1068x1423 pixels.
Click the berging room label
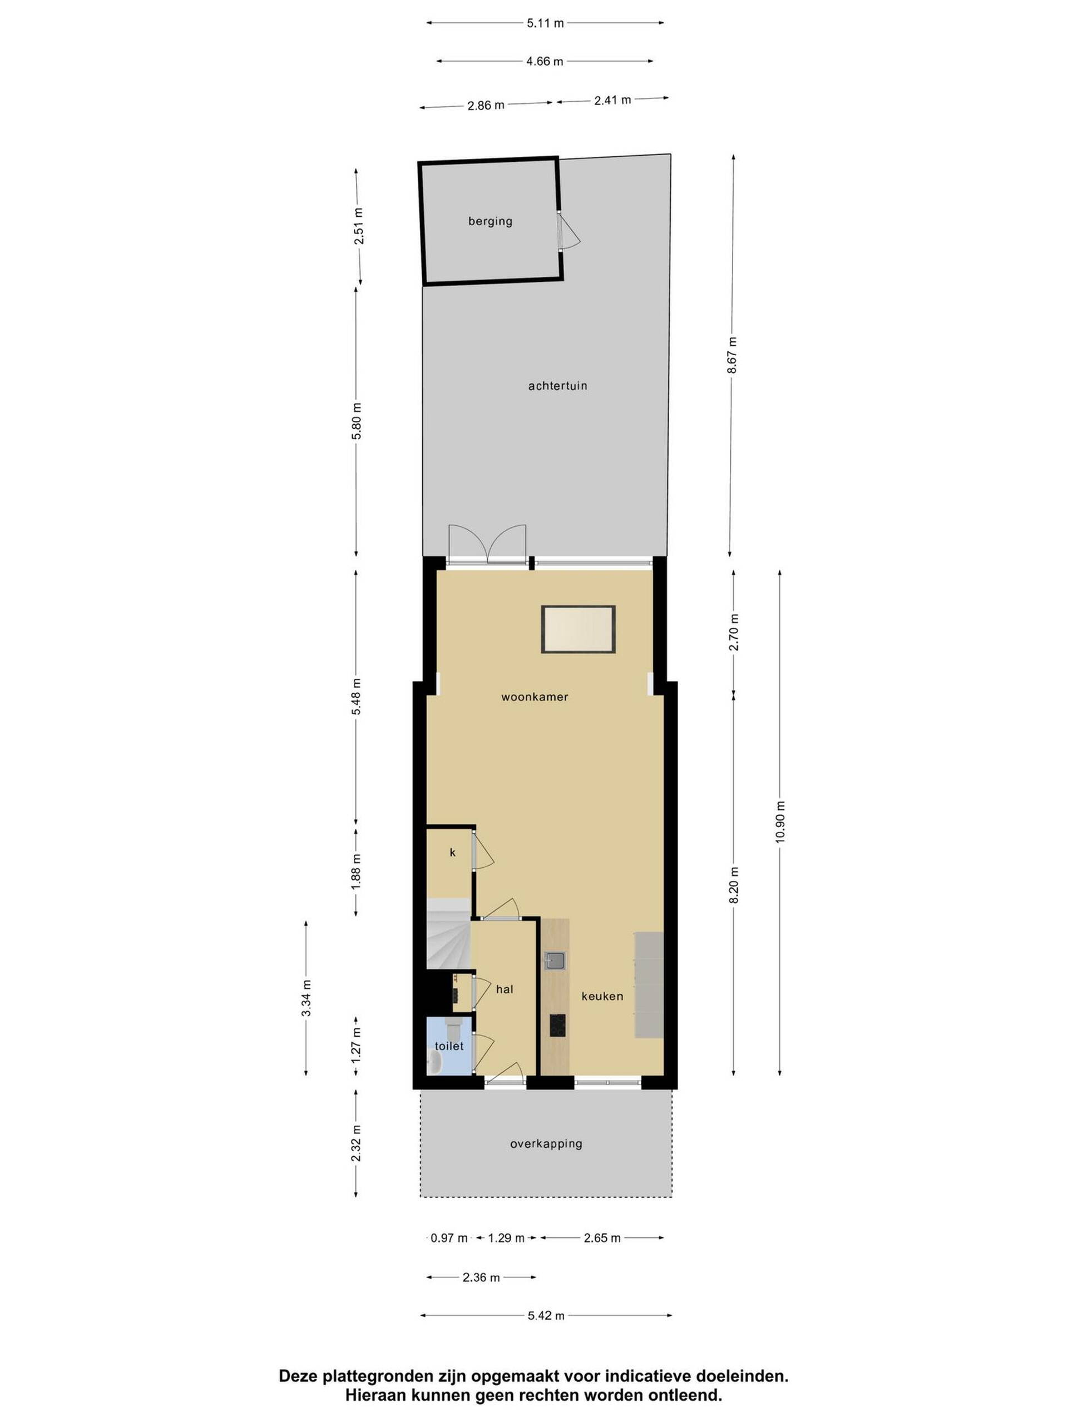490,221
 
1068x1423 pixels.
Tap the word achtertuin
557,386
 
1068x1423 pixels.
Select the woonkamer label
535,696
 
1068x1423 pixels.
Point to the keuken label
602,997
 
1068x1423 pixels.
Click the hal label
505,989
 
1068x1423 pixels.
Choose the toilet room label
449,1046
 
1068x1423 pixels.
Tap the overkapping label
546,1144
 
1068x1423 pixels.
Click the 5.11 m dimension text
545,23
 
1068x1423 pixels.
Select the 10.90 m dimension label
780,822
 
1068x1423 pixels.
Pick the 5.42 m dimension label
546,1316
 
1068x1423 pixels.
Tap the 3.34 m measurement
306,998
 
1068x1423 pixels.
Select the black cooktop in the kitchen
557,1026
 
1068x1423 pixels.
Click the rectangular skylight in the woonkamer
578,629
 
